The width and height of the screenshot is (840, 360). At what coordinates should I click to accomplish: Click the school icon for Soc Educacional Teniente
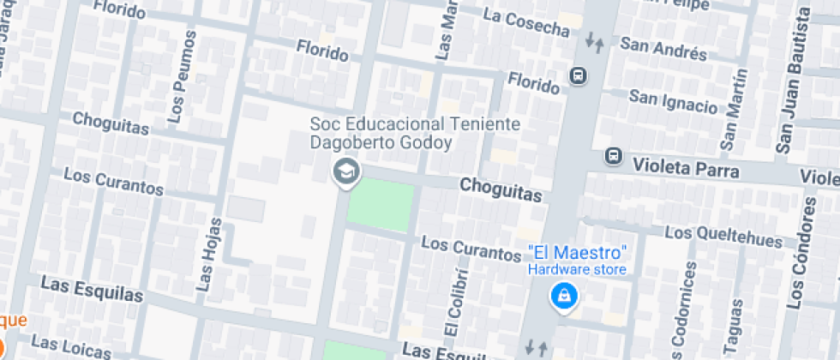pos(346,171)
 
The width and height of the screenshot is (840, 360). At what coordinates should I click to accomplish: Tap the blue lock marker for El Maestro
pos(565,297)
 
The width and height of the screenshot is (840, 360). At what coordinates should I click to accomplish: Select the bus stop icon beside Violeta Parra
pos(613,156)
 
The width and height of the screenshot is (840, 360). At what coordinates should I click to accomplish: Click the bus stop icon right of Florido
pos(579,75)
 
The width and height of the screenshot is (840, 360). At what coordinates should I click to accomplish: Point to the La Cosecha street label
pos(526,21)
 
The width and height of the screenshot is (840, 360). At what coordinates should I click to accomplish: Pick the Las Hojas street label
pos(209,255)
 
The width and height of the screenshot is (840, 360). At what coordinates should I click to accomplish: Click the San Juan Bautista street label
pos(794,81)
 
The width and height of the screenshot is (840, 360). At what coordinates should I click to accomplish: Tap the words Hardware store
pos(576,269)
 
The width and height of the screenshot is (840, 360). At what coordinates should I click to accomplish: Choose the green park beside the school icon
pos(381,207)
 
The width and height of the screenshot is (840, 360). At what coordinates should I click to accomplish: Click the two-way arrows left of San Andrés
pos(594,41)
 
